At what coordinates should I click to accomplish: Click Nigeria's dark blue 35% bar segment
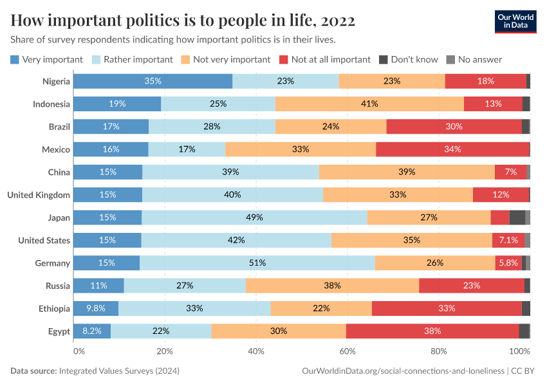pos(153,81)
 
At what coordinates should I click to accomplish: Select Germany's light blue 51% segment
pos(257,262)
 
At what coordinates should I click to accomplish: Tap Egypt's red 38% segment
pos(432,331)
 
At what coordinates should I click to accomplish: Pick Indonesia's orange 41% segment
pos(369,104)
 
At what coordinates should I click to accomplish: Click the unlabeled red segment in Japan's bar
pos(500,217)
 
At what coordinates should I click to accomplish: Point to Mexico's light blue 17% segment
pos(187,149)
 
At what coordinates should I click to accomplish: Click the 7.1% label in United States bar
pos(508,240)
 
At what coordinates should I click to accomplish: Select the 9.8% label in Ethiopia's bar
pos(96,308)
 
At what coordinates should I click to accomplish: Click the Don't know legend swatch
pos(383,59)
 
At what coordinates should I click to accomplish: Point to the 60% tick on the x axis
pos(348,351)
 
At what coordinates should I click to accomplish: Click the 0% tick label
pos(79,351)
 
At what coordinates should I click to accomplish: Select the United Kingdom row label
pos(38,194)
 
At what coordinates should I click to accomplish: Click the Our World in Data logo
pos(515,21)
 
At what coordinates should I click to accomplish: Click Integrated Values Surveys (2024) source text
pos(119,371)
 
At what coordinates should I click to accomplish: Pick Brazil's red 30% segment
pos(454,126)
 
